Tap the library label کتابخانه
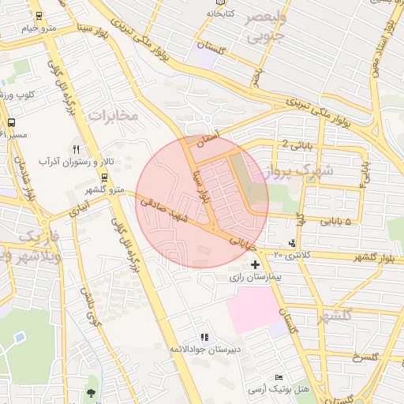tap(222, 14)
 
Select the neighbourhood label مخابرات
tap(114, 116)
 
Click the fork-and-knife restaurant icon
tap(77, 148)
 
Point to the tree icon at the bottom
tap(92, 392)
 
